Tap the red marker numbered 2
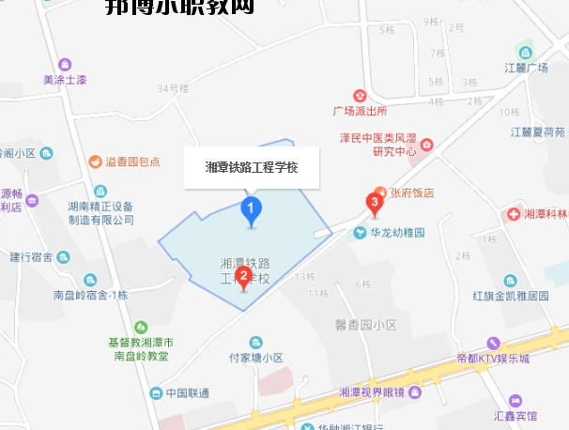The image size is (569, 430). (243, 276)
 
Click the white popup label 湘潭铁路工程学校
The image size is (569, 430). (252, 168)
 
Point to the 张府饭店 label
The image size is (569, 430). (412, 192)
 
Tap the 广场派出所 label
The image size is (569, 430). (360, 110)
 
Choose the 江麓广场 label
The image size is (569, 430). (526, 68)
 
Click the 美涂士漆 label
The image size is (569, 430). (65, 80)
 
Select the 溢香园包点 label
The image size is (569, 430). (132, 161)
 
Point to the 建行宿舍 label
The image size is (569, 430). (34, 256)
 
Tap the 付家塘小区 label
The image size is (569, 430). (256, 358)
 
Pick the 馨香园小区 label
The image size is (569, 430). (366, 325)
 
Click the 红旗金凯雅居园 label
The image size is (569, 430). (510, 295)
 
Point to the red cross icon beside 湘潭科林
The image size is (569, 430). (514, 214)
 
